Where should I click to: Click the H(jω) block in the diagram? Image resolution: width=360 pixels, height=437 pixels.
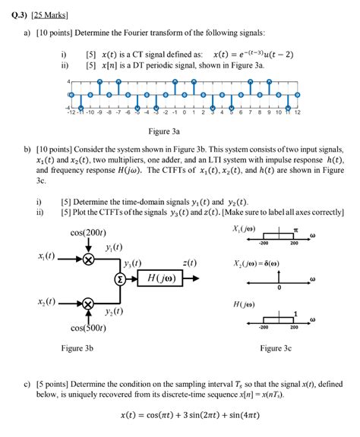tap(163, 278)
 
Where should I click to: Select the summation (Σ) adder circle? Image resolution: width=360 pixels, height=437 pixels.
tap(118, 278)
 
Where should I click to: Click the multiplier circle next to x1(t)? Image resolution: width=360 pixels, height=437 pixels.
tap(88, 259)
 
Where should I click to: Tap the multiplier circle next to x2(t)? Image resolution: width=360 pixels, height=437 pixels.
tap(88, 304)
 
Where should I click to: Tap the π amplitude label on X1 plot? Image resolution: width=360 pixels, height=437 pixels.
tap(297, 228)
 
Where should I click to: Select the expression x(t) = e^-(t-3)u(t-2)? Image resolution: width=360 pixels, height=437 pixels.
tap(258, 55)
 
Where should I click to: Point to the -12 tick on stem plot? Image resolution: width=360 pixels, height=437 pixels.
tap(70, 112)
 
